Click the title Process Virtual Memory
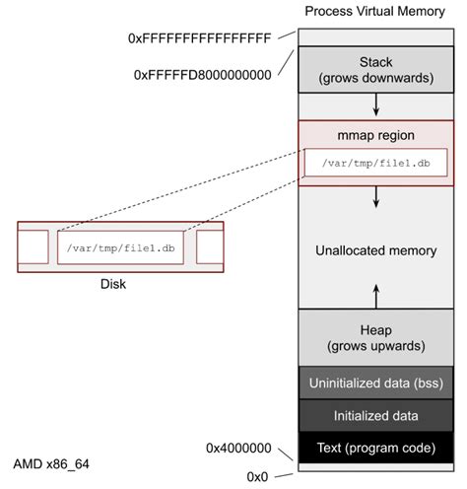pos(374,11)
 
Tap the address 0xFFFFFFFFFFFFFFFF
pos(199,38)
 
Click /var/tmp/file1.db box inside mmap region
pos(375,162)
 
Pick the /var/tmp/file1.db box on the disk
pos(121,246)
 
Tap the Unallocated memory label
pos(375,250)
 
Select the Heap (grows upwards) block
pos(374,338)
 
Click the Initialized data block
pos(374,415)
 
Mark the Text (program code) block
pos(374,447)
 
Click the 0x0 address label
pos(258,476)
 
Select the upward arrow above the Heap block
pos(375,294)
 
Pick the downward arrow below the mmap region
pos(375,198)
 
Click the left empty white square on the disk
pos(33,246)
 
